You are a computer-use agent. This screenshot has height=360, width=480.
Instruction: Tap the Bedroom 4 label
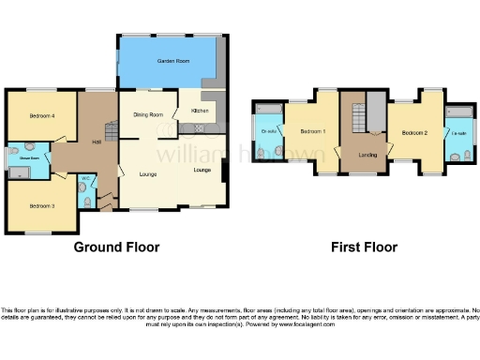coord(28,116)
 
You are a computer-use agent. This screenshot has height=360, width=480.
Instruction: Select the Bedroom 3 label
coord(42,204)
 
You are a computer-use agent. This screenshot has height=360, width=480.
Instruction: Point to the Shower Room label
coord(16,158)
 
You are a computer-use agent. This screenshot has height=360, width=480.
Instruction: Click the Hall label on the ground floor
coord(97,142)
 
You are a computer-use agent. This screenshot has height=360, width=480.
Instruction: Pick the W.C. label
coord(85,178)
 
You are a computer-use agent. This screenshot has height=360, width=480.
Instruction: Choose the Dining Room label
coord(149,115)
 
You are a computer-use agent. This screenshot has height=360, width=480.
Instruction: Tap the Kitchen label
coord(200,111)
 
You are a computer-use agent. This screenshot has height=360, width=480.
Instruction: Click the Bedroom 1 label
coord(313,132)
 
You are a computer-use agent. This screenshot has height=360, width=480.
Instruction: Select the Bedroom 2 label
coord(415,133)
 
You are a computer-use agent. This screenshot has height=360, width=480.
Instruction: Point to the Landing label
coord(367,156)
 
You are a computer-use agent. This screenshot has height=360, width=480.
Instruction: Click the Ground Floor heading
coord(116,247)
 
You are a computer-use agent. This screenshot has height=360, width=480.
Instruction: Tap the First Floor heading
coord(364,247)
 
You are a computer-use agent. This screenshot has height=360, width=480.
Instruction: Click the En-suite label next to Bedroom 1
coord(269,132)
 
